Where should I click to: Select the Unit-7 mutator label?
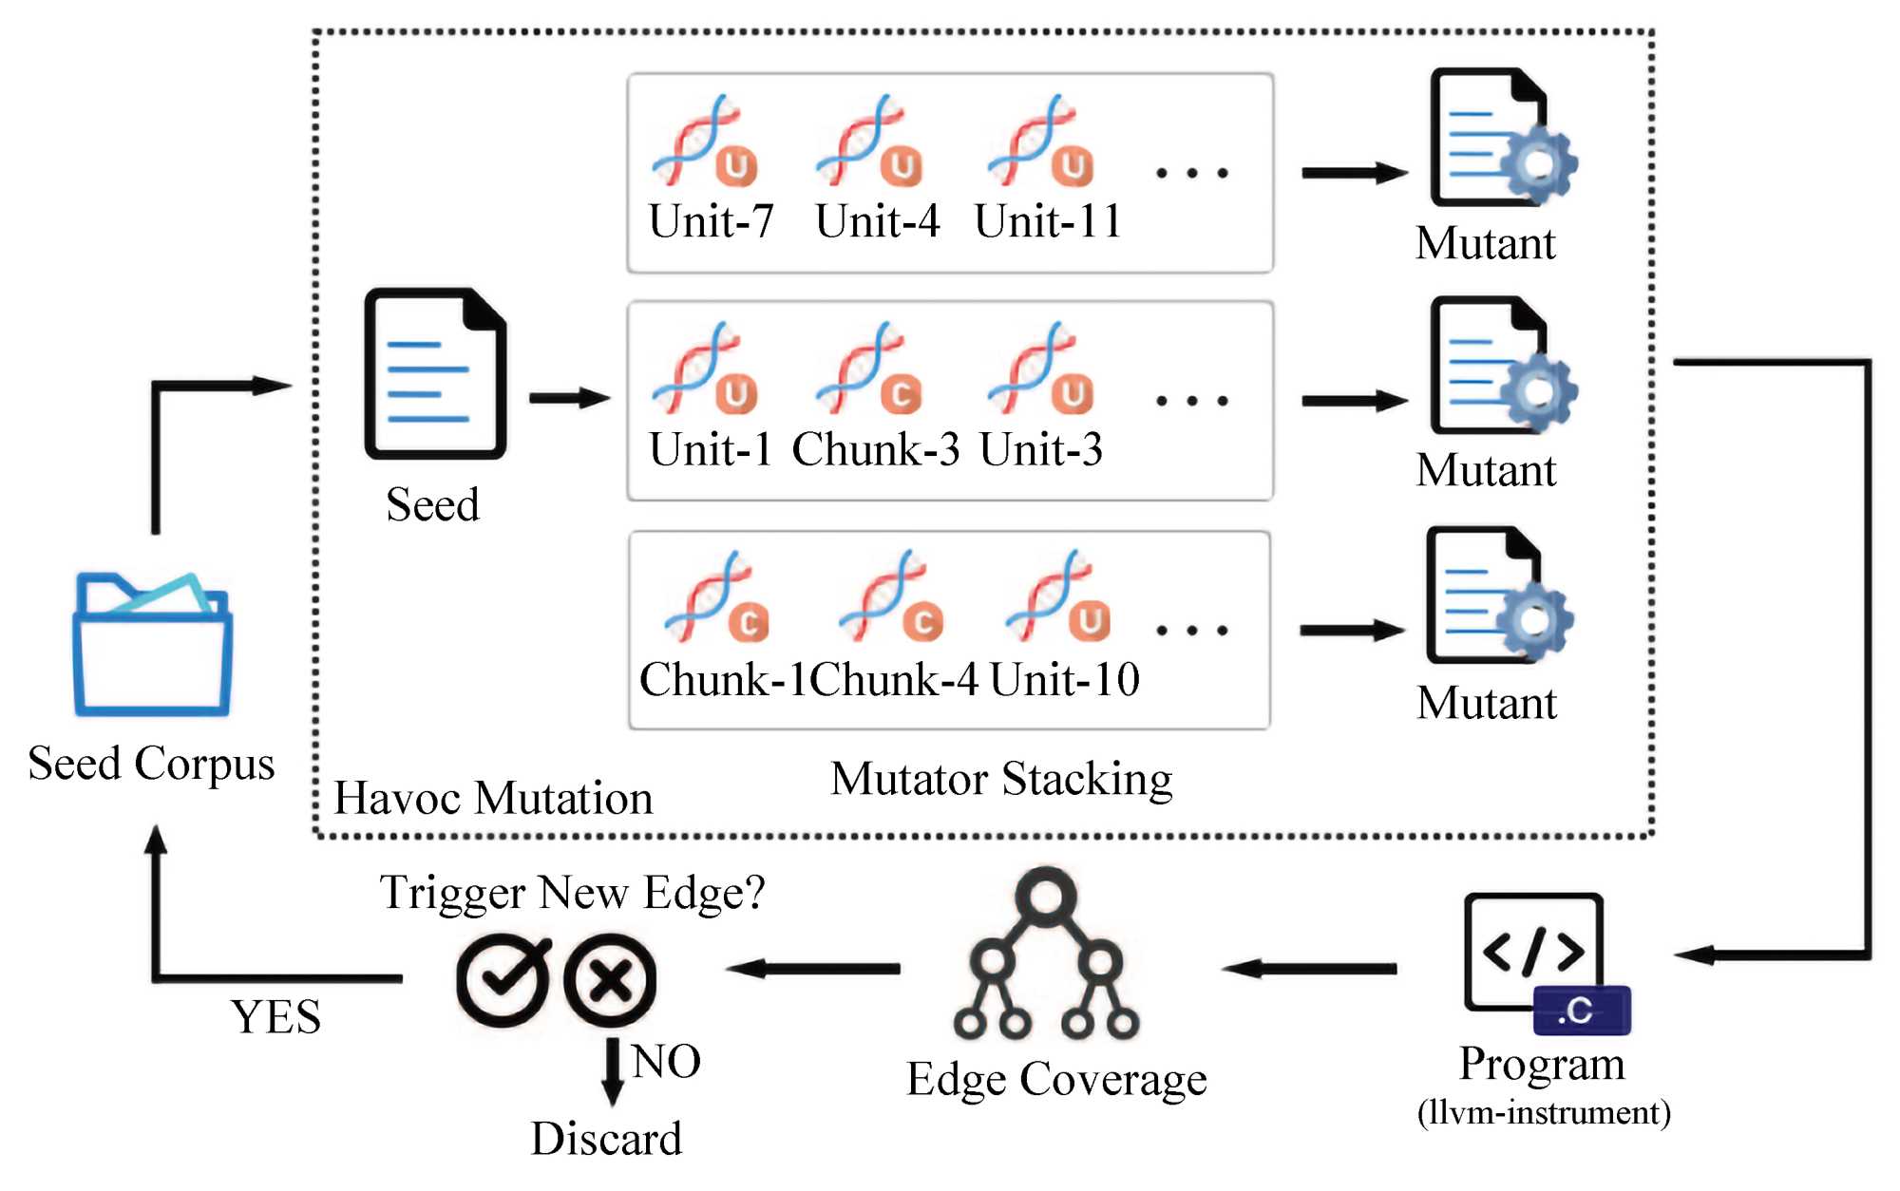tap(711, 221)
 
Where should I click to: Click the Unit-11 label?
tap(1048, 221)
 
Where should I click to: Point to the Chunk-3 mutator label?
tap(876, 449)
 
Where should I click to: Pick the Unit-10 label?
tap(1064, 679)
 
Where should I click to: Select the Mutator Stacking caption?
tap(1001, 779)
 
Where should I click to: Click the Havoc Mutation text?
tap(493, 798)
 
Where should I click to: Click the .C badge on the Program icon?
tap(1582, 1011)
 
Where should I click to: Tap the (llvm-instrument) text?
tap(1544, 1112)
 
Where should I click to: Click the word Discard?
tap(606, 1138)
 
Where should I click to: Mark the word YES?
tap(275, 1017)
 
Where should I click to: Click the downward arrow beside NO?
tap(613, 1071)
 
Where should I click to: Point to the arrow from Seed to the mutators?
tap(569, 398)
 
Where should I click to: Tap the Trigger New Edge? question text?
tap(572, 893)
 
